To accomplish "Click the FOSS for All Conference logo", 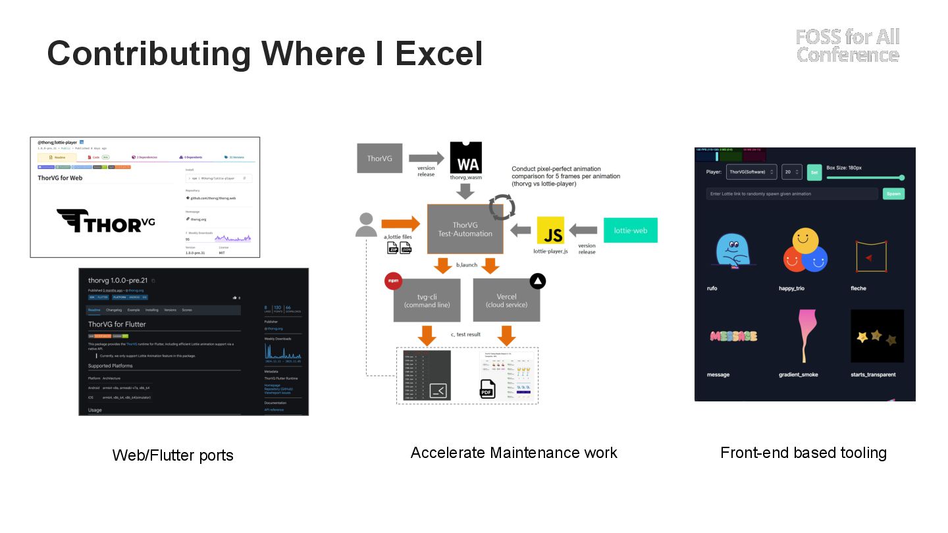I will (x=847, y=45).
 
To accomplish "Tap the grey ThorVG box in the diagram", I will (x=380, y=159).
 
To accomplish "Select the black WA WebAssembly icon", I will (x=465, y=158).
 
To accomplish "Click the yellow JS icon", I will (x=550, y=230).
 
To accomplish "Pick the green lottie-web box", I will (x=630, y=230).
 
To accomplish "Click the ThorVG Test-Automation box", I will (x=465, y=229).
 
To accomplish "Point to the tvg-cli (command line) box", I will (x=427, y=301).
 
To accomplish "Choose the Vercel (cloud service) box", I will (x=506, y=301).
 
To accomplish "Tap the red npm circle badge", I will (x=393, y=281).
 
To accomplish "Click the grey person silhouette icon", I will (x=366, y=224).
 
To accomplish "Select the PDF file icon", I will (x=487, y=389).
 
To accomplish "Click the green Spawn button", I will (x=893, y=194).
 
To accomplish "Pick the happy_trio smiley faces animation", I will (x=804, y=251).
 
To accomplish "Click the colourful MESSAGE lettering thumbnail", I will (x=732, y=336).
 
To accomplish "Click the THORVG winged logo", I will (x=105, y=221).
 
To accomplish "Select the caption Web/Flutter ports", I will (x=172, y=455).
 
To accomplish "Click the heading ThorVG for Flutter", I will (x=117, y=324).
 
